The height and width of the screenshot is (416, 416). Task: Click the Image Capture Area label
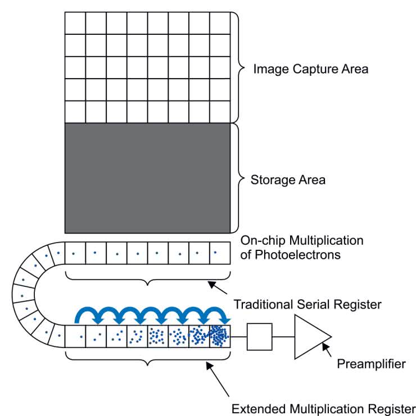tap(310, 70)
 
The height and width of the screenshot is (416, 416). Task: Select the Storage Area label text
tap(288, 181)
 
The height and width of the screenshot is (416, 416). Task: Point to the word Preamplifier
tap(371, 364)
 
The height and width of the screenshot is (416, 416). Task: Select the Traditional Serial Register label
tap(308, 305)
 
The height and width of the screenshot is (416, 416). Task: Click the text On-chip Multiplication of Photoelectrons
tap(302, 247)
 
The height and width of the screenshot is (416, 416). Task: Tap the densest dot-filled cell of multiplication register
tap(220, 336)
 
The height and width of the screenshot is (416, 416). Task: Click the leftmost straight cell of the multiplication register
tap(75, 336)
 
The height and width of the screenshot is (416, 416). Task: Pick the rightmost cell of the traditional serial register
tap(220, 253)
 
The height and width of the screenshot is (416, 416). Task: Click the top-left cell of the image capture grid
tap(75, 23)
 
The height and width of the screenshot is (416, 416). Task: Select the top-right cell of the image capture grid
tap(220, 23)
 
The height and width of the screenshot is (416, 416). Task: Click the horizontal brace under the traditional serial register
tap(147, 278)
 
